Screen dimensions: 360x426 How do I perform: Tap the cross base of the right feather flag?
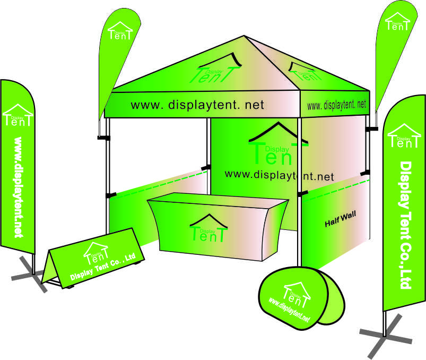pos(386,335)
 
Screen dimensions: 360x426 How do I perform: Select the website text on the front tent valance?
pos(197,105)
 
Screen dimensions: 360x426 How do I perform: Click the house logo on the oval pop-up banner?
pos(297,293)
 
